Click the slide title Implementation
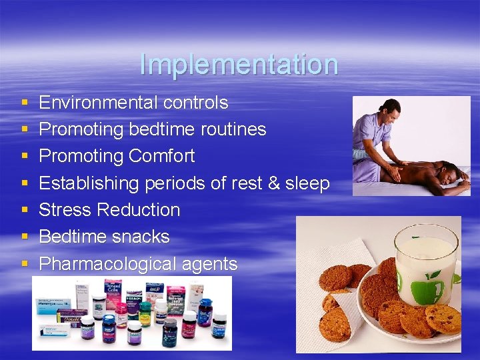point(239,65)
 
